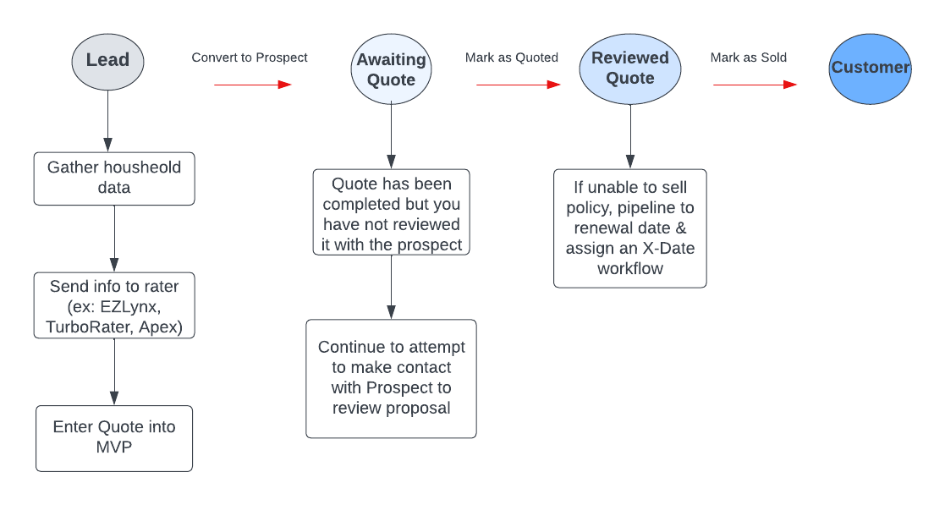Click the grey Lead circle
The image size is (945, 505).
click(x=107, y=60)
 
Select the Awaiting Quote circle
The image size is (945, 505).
click(x=391, y=69)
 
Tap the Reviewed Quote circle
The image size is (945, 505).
click(x=630, y=68)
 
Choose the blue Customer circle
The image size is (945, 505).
click(x=870, y=68)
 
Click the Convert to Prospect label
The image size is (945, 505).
click(x=250, y=58)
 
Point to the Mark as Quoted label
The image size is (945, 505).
click(x=511, y=58)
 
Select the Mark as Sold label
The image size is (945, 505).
click(x=748, y=58)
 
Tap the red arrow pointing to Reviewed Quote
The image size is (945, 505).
click(x=518, y=85)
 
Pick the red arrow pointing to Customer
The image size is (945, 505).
click(x=755, y=85)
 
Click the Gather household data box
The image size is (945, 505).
click(x=114, y=178)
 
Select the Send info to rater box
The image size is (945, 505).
click(x=114, y=305)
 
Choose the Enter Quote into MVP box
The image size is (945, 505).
click(x=114, y=437)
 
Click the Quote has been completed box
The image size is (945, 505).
click(x=391, y=214)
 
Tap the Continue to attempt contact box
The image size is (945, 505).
click(x=391, y=378)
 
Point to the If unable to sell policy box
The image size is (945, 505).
click(x=630, y=228)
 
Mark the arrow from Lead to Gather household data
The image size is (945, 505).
click(x=107, y=119)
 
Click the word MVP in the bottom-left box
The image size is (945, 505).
click(x=114, y=447)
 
